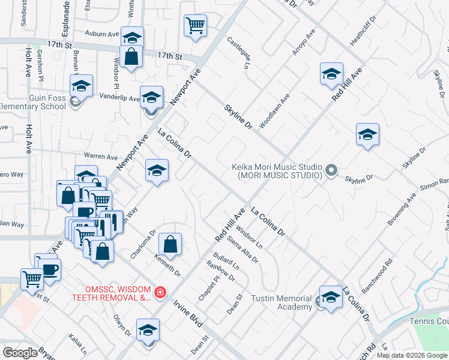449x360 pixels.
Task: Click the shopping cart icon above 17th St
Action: (196, 26)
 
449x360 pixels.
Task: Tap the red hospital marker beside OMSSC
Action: (160, 293)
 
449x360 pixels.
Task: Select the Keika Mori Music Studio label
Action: (277, 172)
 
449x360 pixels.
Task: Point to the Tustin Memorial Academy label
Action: (281, 303)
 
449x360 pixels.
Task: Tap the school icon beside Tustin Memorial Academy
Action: (331, 298)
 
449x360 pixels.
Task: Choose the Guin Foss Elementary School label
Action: (32, 103)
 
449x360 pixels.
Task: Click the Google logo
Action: (20, 353)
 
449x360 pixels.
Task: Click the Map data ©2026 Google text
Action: (412, 355)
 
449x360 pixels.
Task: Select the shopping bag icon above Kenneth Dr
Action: (170, 244)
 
